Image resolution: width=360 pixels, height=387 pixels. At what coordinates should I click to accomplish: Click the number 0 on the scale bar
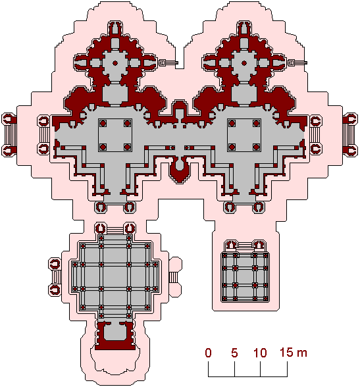[208, 353]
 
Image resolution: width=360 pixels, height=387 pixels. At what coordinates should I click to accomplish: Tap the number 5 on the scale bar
[234, 353]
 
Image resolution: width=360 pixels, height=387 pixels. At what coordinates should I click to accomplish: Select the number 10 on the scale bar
[261, 353]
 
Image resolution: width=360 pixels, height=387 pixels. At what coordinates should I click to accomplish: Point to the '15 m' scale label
[294, 352]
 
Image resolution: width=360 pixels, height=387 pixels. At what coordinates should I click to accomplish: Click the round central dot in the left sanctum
[115, 63]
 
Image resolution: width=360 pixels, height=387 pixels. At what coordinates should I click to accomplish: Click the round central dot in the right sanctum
[244, 63]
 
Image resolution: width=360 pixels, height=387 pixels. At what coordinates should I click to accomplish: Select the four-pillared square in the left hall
[115, 135]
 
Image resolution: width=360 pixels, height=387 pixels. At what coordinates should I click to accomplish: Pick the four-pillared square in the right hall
[244, 135]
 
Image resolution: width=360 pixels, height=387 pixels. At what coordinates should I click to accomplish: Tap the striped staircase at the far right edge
[349, 135]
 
